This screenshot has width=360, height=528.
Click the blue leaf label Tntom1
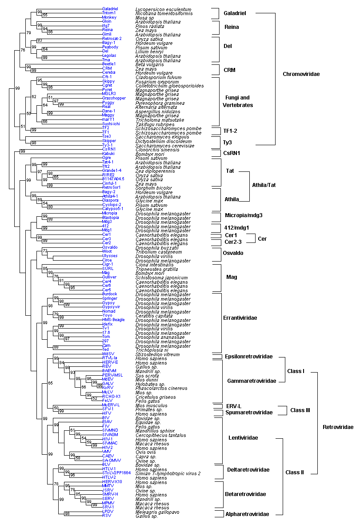point(108,13)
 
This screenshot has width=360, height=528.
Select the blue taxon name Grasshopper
point(114,98)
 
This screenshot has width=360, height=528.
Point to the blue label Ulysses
point(110,256)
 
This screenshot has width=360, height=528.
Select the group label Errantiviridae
point(240,318)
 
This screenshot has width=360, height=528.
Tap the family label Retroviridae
point(338,427)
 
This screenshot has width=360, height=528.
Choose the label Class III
point(300,410)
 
